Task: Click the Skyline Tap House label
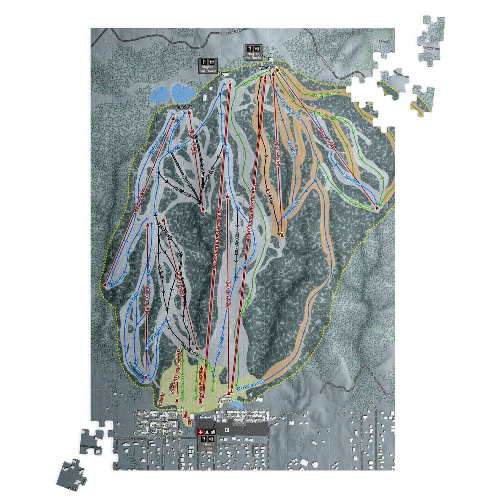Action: point(208,69)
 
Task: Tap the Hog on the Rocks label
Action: point(253,56)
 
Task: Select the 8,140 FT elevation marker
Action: point(184,107)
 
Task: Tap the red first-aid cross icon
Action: point(200,432)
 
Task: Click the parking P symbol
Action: point(227,430)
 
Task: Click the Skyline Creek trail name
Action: point(324,94)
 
